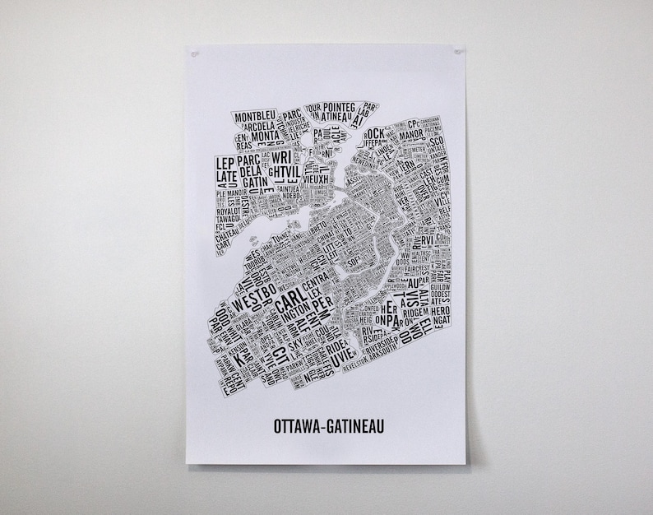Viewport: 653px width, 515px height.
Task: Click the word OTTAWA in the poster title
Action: point(299,427)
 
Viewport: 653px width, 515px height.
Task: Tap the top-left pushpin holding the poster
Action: point(194,54)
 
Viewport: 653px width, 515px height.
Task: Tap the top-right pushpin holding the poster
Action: point(456,52)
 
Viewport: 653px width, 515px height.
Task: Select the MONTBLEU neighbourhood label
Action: point(256,117)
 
